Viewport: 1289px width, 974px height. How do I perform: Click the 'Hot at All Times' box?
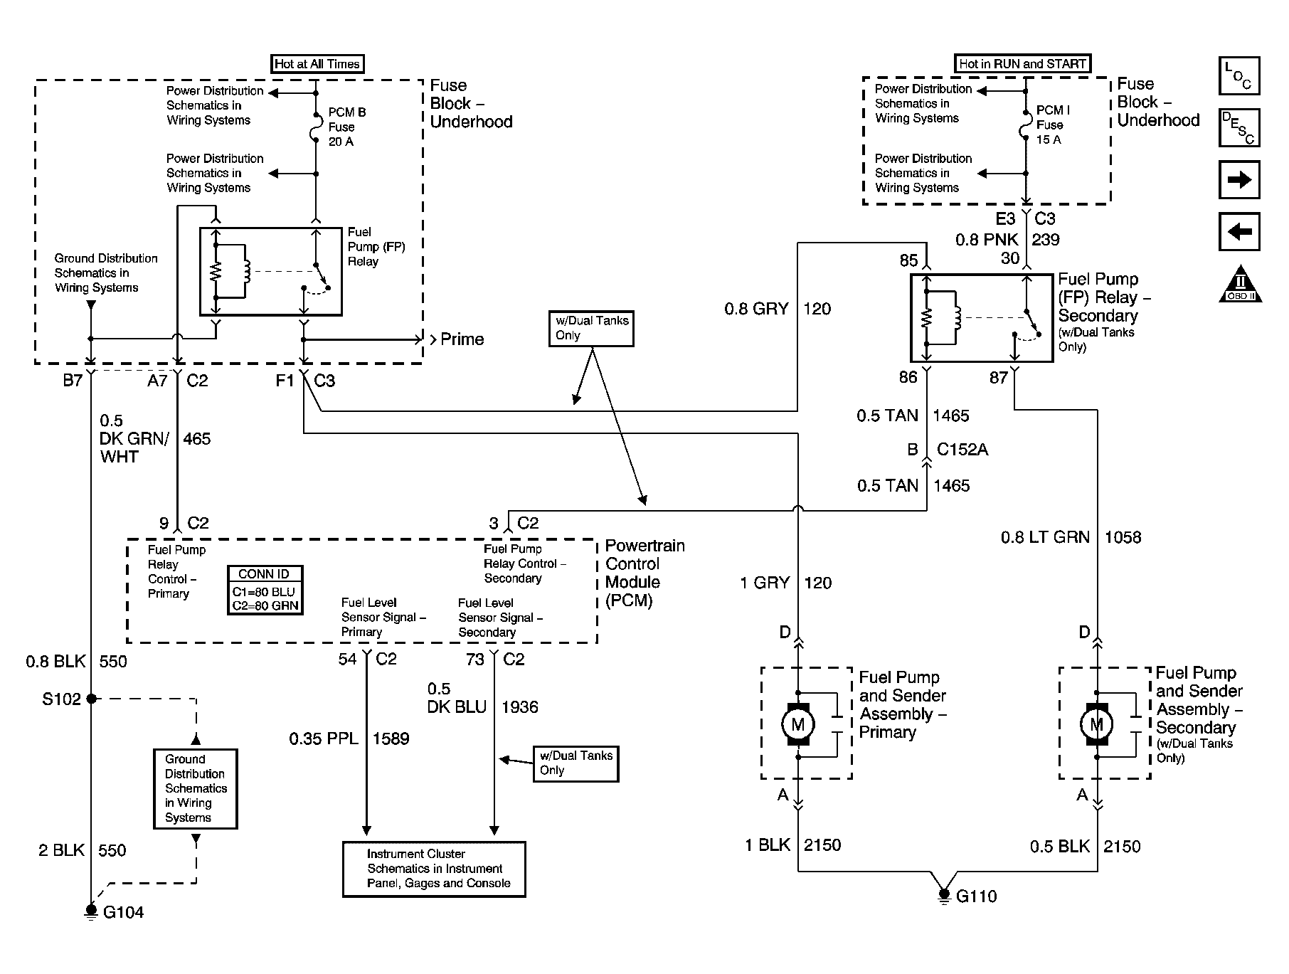pos(317,64)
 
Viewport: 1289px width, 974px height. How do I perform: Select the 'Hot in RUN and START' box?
pos(1022,63)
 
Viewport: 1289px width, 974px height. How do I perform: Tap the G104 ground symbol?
pos(91,911)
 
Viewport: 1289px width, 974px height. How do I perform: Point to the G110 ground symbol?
pos(944,895)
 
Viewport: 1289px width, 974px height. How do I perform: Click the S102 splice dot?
pos(91,699)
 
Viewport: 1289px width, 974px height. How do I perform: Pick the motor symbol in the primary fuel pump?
pos(797,724)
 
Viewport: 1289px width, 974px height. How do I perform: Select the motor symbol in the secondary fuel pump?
pos(1096,724)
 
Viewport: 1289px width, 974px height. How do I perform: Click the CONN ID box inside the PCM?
pos(265,590)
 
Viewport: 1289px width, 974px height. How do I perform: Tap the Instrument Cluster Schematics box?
pos(434,869)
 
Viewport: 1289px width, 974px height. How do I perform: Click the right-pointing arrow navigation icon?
pos(1239,179)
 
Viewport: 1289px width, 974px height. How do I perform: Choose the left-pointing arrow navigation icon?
pos(1239,231)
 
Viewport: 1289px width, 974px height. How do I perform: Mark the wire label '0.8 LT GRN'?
pos(1045,537)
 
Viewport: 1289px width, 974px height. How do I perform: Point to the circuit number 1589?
pos(391,739)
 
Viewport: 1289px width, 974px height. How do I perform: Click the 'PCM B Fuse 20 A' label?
pos(346,127)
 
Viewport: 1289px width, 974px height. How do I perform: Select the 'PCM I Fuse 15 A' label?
pos(1052,125)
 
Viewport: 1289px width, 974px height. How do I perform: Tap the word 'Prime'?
pos(462,339)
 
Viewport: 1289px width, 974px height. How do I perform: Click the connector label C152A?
pos(962,450)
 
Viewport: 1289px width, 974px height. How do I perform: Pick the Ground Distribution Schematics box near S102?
pos(195,788)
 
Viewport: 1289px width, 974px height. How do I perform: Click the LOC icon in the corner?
pos(1238,76)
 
